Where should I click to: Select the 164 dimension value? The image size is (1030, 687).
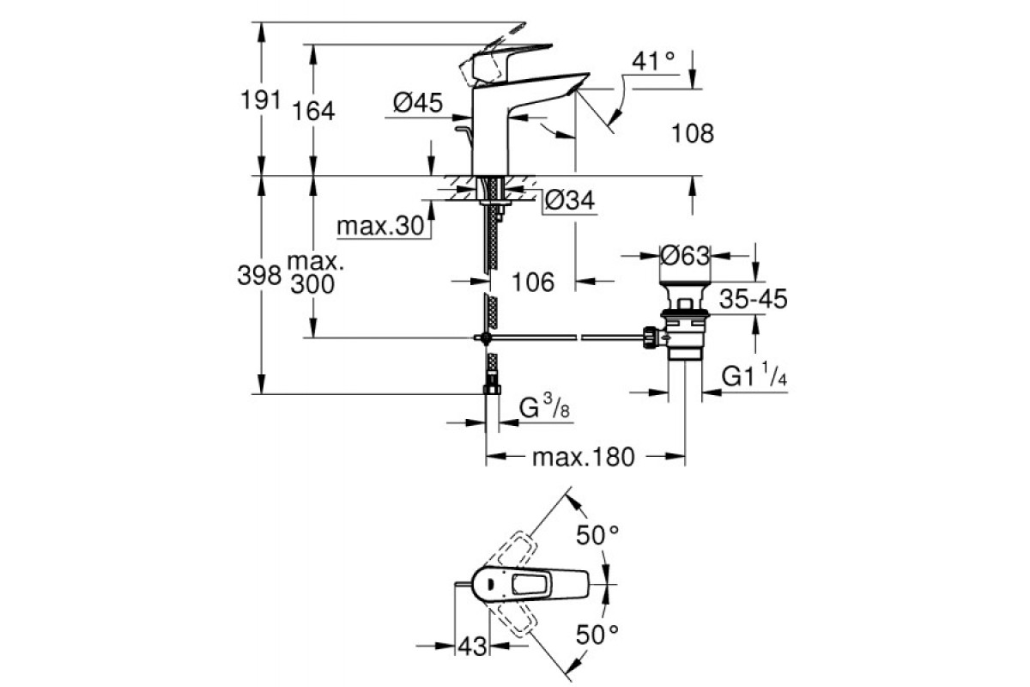click(x=314, y=111)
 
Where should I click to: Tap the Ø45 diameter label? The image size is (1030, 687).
click(x=418, y=104)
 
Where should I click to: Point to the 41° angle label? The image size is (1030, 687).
click(x=653, y=62)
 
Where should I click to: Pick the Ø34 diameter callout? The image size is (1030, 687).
click(x=571, y=202)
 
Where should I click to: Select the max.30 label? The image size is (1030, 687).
click(x=381, y=227)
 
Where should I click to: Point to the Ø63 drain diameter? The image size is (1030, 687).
click(x=685, y=255)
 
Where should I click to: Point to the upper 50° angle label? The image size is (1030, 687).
click(x=597, y=535)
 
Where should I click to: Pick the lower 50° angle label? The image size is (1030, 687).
click(x=597, y=635)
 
